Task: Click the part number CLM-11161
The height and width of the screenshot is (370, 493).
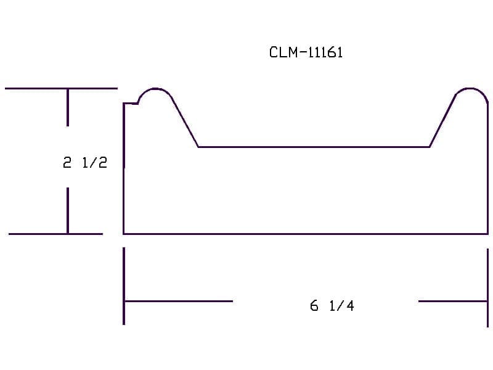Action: (306, 52)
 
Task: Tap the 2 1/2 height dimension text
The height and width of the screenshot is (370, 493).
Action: (85, 163)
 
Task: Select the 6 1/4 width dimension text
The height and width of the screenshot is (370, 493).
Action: (332, 305)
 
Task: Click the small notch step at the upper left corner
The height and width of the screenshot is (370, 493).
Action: (131, 103)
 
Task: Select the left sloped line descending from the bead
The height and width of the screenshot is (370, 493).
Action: (185, 123)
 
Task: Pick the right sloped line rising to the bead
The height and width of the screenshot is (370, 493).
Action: (442, 121)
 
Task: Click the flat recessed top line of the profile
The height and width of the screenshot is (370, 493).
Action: (314, 147)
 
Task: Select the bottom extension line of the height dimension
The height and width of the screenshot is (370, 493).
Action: (55, 234)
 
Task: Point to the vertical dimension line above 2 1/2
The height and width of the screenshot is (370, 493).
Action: (68, 107)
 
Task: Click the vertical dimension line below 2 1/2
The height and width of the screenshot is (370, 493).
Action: (68, 210)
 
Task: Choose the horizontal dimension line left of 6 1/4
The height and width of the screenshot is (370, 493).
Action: (178, 301)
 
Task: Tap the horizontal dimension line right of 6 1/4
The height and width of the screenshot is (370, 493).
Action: (453, 301)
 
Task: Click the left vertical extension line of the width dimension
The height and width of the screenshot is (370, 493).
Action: (124, 286)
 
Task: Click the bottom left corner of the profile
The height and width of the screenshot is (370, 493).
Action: (124, 234)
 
